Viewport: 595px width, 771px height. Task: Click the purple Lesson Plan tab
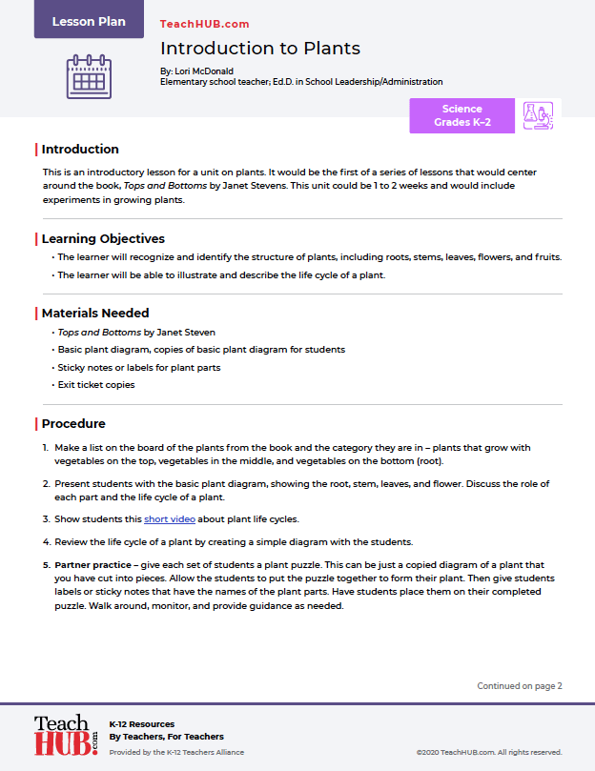tap(89, 21)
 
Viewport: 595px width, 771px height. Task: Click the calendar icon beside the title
tap(89, 75)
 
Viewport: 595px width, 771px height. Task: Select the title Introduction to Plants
tap(260, 49)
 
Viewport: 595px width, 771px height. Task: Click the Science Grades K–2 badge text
tap(462, 115)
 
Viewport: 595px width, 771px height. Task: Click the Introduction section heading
tap(80, 149)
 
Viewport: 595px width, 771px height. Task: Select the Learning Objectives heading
tap(103, 238)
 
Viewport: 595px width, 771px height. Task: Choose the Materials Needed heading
tap(95, 313)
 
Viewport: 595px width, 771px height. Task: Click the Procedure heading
tap(73, 423)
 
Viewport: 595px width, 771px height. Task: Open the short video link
tap(168, 519)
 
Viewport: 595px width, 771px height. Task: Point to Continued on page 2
tap(520, 685)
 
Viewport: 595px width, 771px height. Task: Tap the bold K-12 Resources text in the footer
tap(142, 724)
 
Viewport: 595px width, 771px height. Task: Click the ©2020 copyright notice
tap(489, 752)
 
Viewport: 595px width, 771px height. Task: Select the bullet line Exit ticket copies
tap(96, 385)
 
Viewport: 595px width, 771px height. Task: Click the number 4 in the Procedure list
tap(45, 541)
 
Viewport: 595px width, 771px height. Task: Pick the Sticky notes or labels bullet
tap(139, 367)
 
